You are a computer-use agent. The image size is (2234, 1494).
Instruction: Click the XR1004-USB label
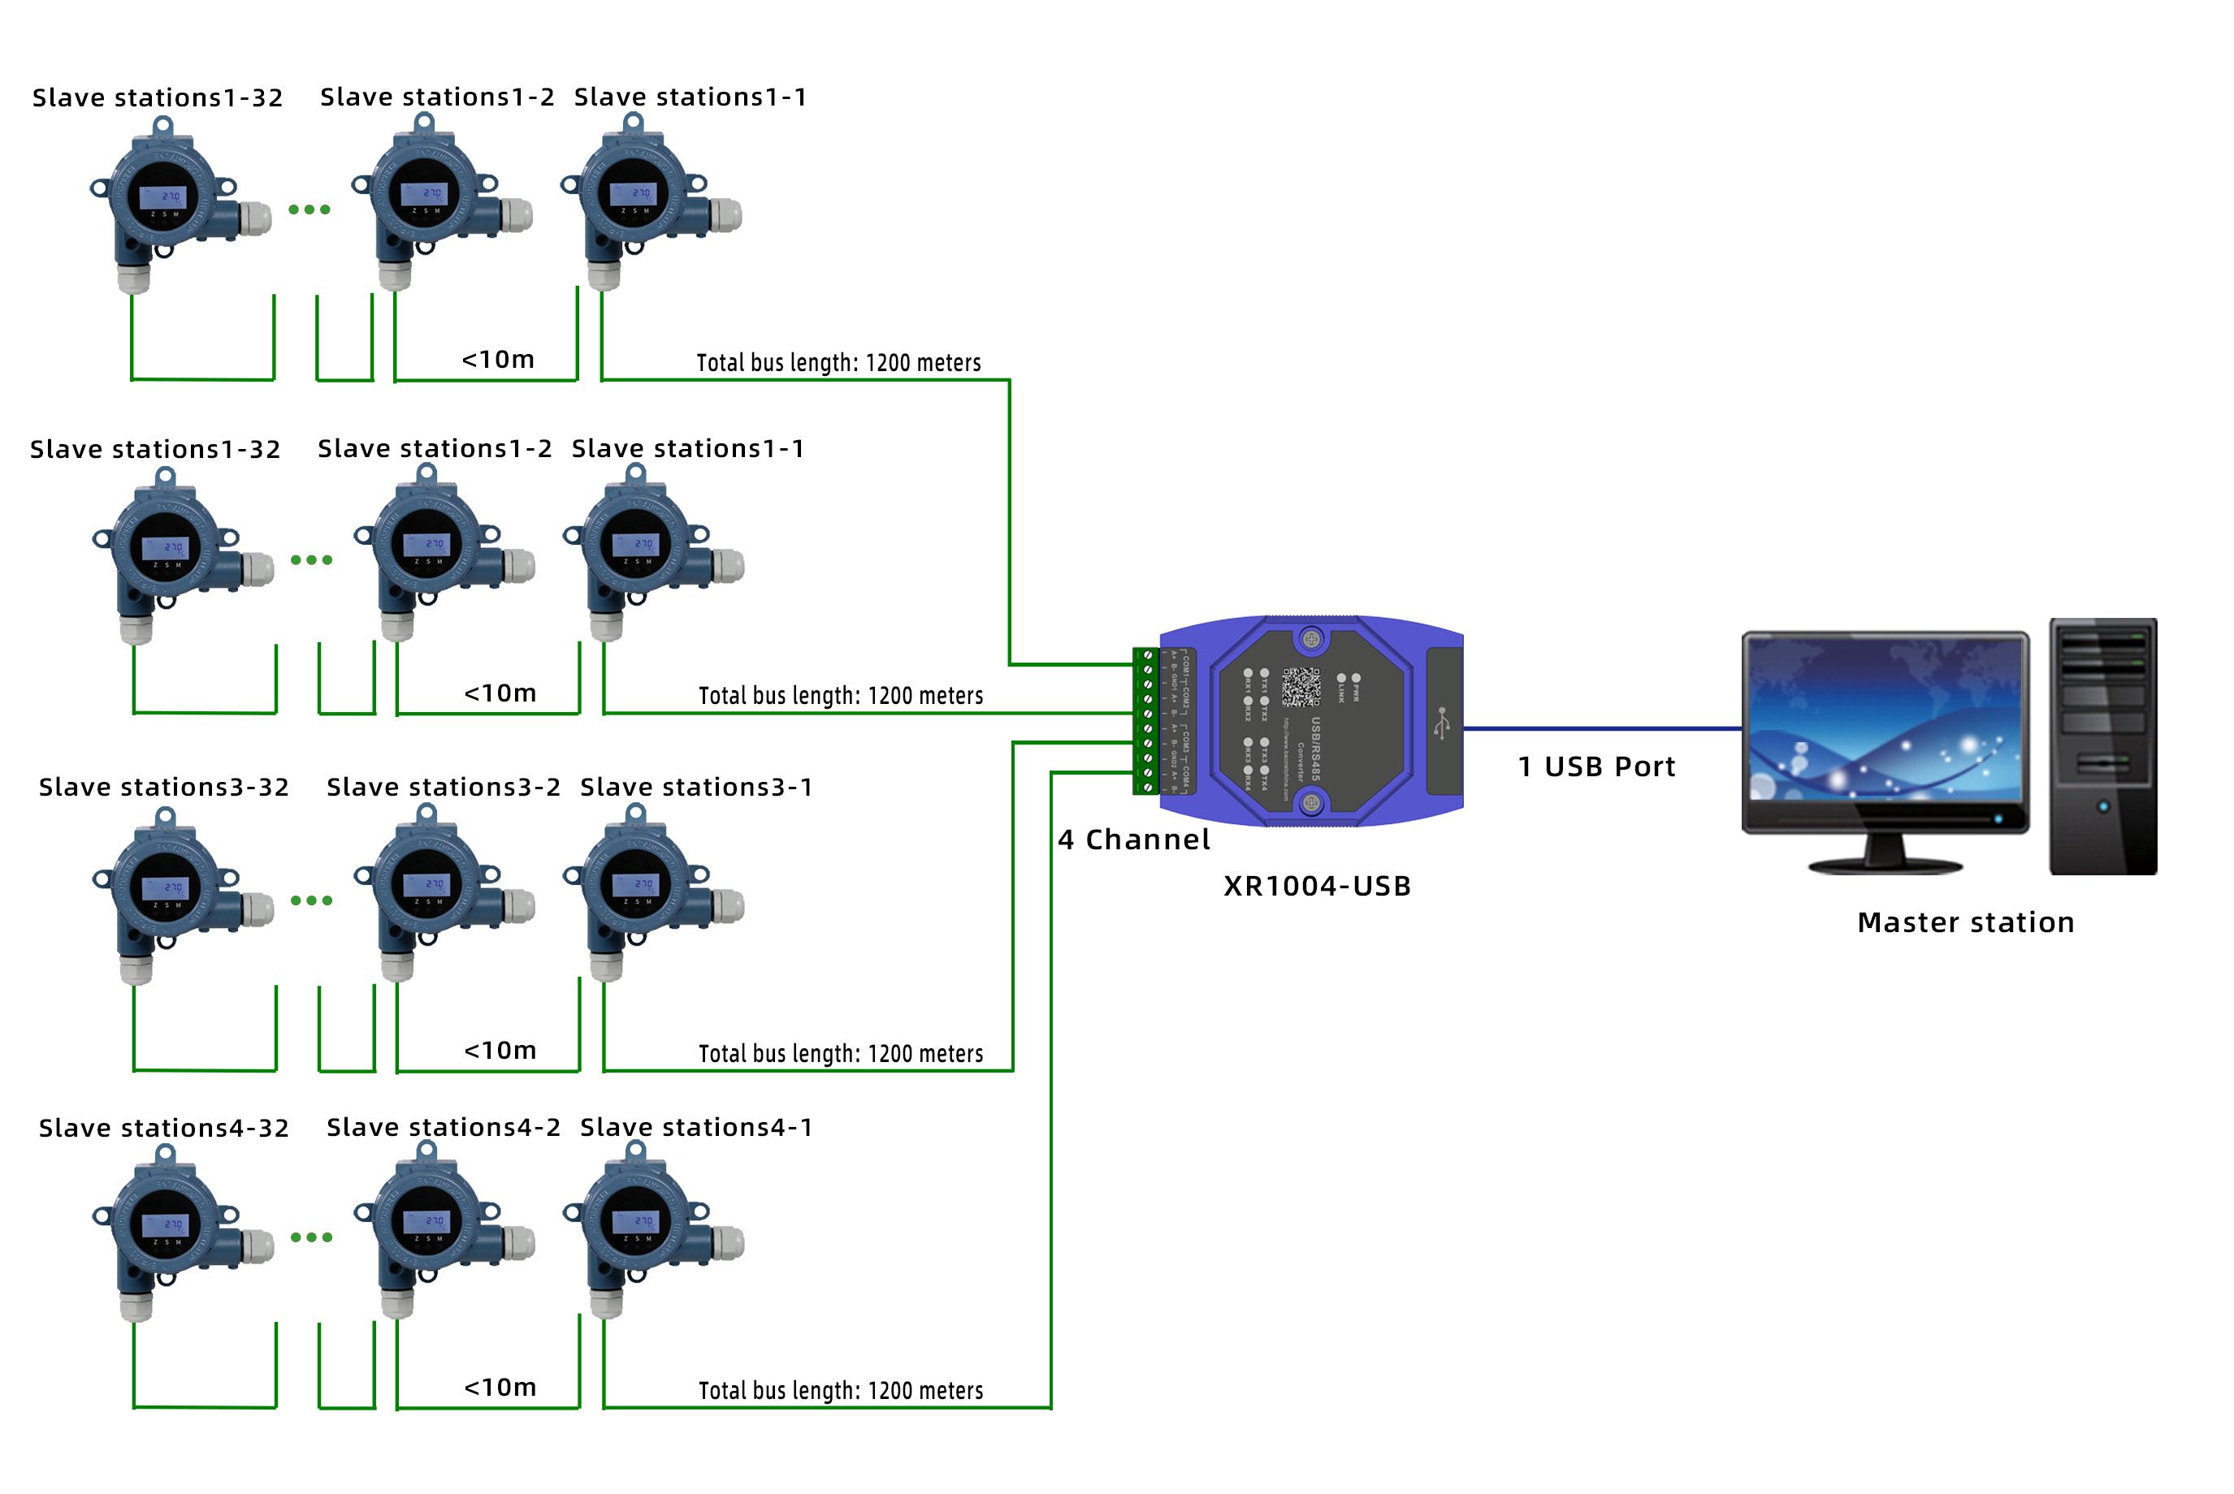click(1316, 886)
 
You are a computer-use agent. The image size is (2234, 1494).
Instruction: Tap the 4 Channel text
click(1133, 840)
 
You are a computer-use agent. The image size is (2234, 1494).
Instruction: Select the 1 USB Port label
click(1595, 767)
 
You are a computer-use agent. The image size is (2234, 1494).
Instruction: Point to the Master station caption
click(1965, 922)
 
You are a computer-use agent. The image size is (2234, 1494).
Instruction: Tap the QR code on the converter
click(1300, 687)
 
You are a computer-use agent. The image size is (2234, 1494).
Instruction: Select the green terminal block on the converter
click(1145, 721)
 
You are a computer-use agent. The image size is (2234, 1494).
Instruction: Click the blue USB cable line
click(1601, 729)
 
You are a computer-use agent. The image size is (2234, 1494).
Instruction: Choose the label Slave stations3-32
click(164, 787)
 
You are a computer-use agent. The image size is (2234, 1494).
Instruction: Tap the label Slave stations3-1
click(695, 787)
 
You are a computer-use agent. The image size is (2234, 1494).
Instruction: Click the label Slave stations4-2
click(444, 1127)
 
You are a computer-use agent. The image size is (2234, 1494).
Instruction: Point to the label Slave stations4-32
click(164, 1128)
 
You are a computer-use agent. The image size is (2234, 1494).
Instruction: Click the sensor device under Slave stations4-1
click(648, 1229)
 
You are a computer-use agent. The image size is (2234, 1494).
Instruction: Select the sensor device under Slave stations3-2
click(439, 891)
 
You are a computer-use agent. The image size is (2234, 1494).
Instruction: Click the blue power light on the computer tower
click(2102, 807)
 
